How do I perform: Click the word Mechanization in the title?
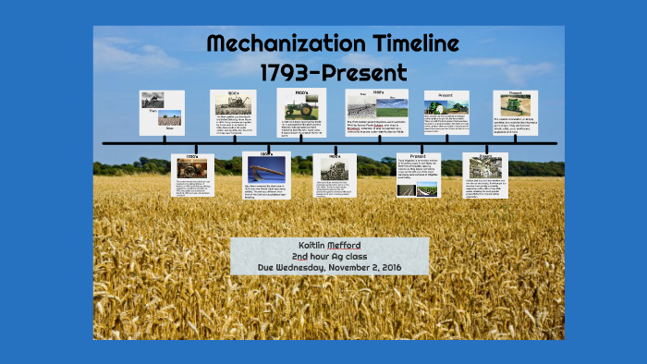(x=268, y=42)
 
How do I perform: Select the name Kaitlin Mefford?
(x=329, y=245)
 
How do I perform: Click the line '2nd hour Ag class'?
(x=329, y=256)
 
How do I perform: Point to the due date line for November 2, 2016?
(x=329, y=268)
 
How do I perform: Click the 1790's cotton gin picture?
(x=192, y=168)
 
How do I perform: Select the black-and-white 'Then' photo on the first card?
(x=153, y=99)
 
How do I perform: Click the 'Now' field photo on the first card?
(x=170, y=117)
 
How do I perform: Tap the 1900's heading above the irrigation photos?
(x=377, y=92)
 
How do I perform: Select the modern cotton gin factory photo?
(x=485, y=166)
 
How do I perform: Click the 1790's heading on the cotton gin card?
(x=193, y=156)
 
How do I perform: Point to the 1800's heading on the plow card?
(x=265, y=153)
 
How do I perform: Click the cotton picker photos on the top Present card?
(x=446, y=106)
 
